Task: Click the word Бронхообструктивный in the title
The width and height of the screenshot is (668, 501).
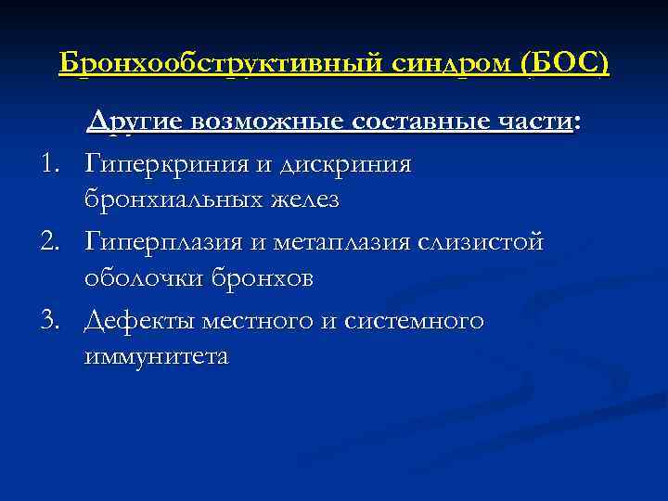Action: point(215,63)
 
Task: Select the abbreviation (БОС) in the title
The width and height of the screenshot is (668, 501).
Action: point(567,63)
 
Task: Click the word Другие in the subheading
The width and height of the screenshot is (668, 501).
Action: point(137,122)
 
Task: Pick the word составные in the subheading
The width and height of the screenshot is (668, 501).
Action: point(421,122)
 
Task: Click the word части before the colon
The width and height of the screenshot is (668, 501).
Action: point(534,122)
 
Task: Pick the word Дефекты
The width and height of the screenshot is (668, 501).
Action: point(135,321)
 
